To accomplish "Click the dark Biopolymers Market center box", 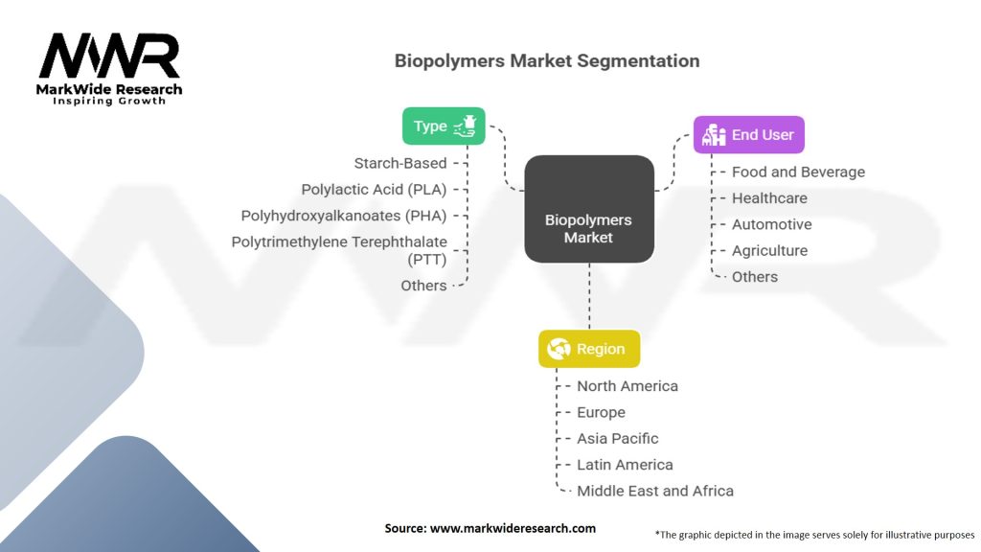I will [x=588, y=210].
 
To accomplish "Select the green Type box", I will [x=444, y=126].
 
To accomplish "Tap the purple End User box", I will [x=749, y=135].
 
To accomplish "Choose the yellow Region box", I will [x=588, y=350].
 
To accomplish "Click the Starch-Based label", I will [x=399, y=163].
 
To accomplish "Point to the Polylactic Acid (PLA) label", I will [x=374, y=189].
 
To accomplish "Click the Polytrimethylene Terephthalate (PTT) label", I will [x=339, y=249].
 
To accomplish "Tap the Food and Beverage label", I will [x=798, y=172].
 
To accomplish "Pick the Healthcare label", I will [x=769, y=198].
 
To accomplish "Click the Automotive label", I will [x=771, y=224].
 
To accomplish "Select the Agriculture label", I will [x=769, y=250].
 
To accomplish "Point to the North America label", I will [x=627, y=386].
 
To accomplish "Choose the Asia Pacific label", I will [x=617, y=438].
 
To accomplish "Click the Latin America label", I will [x=625, y=465].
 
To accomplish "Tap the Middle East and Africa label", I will [x=654, y=491].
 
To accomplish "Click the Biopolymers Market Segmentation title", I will [x=547, y=60].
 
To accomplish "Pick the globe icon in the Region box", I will [x=559, y=350].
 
